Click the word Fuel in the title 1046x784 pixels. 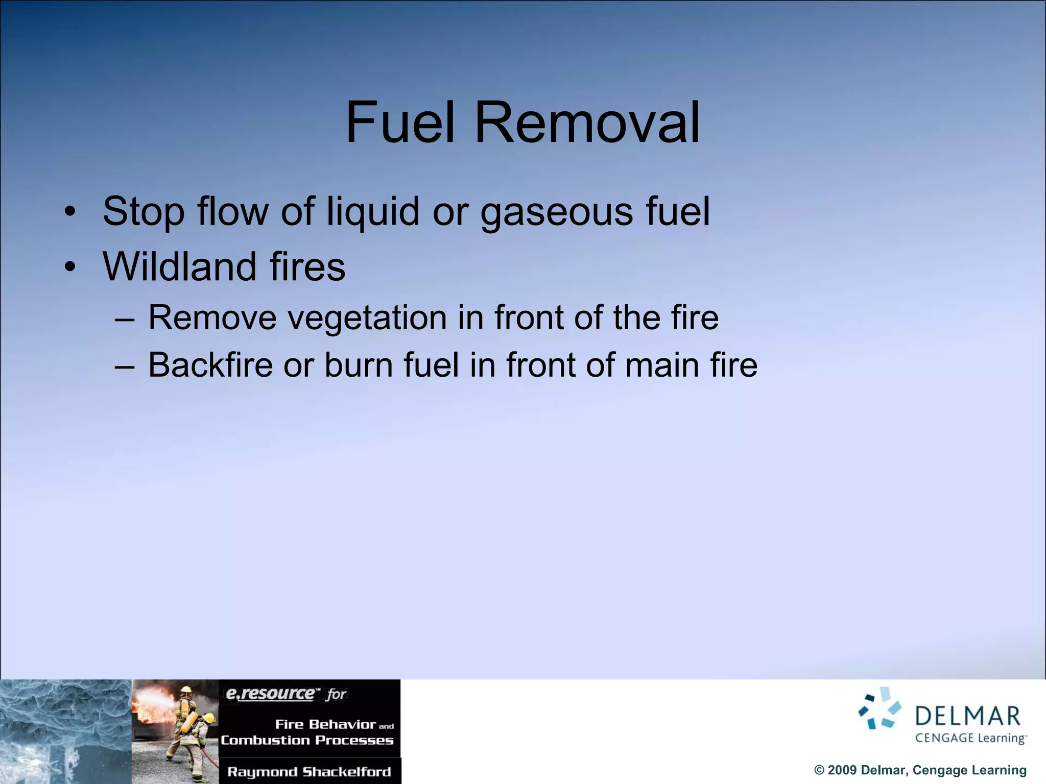pyautogui.click(x=399, y=123)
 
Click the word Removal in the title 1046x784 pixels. pyautogui.click(x=587, y=123)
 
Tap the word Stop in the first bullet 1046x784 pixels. pyautogui.click(x=144, y=212)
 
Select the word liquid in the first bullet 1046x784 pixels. pyautogui.click(x=373, y=212)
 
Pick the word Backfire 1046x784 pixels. pyautogui.click(x=210, y=365)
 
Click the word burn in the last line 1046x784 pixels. pyautogui.click(x=358, y=365)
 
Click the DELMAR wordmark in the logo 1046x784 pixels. pyautogui.click(x=967, y=717)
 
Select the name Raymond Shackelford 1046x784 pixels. pyautogui.click(x=309, y=772)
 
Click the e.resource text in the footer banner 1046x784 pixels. pyautogui.click(x=271, y=694)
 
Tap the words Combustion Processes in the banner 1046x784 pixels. pyautogui.click(x=307, y=740)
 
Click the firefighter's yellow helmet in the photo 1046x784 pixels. pyautogui.click(x=187, y=690)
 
